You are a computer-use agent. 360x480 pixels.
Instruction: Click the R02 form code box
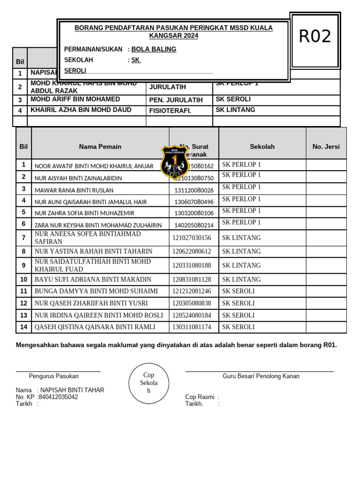315,37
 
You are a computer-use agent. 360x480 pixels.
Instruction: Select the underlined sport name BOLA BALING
154,49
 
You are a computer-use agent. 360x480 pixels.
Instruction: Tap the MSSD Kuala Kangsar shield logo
174,162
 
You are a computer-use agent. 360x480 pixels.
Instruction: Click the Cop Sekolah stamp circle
149,383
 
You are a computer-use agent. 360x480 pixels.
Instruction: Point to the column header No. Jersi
326,147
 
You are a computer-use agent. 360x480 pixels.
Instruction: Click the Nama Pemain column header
100,147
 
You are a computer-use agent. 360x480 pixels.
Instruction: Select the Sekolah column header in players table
262,147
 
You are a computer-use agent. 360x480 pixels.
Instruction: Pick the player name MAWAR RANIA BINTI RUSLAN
74,190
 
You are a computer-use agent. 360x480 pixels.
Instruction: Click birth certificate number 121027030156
192,238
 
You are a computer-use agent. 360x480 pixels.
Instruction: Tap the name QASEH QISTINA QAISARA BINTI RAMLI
95,327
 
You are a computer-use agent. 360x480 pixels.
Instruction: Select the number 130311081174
192,327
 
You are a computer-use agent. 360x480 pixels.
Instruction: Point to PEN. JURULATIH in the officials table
176,100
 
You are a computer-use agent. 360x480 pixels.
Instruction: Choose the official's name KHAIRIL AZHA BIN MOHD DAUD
81,110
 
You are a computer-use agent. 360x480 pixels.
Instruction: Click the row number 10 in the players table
23,279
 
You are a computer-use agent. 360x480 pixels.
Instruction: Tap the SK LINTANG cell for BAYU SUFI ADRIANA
241,279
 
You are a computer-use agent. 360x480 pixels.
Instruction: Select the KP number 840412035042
58,397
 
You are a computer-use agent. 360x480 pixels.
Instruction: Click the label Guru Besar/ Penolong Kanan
261,376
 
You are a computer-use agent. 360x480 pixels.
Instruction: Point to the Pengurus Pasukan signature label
53,376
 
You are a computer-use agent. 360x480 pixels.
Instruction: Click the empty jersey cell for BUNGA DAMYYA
326,291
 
